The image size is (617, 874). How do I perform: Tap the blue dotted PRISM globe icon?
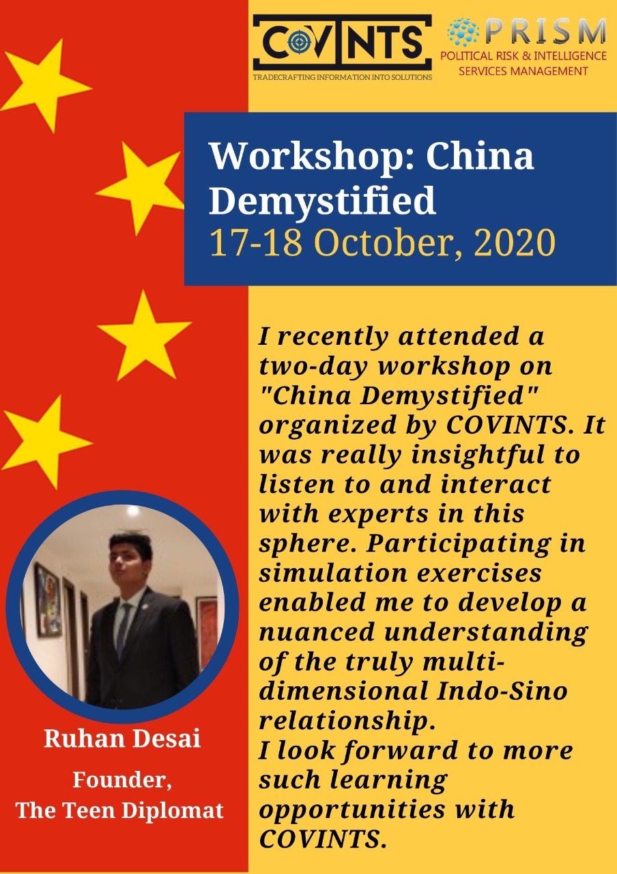pos(463,32)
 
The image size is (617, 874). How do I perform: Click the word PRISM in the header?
pos(545,31)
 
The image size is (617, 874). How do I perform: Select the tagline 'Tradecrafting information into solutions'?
pos(343,77)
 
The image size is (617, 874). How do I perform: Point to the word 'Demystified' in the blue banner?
pos(322,201)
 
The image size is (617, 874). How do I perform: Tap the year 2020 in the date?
pos(514,242)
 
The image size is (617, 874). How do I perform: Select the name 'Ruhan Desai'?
pos(122,738)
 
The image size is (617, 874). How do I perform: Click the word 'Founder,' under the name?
pos(122,780)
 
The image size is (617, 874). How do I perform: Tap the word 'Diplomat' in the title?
pos(173,810)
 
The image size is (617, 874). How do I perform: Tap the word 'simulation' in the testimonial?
pos(332,574)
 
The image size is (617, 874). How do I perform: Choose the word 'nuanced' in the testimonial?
pos(317,633)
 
